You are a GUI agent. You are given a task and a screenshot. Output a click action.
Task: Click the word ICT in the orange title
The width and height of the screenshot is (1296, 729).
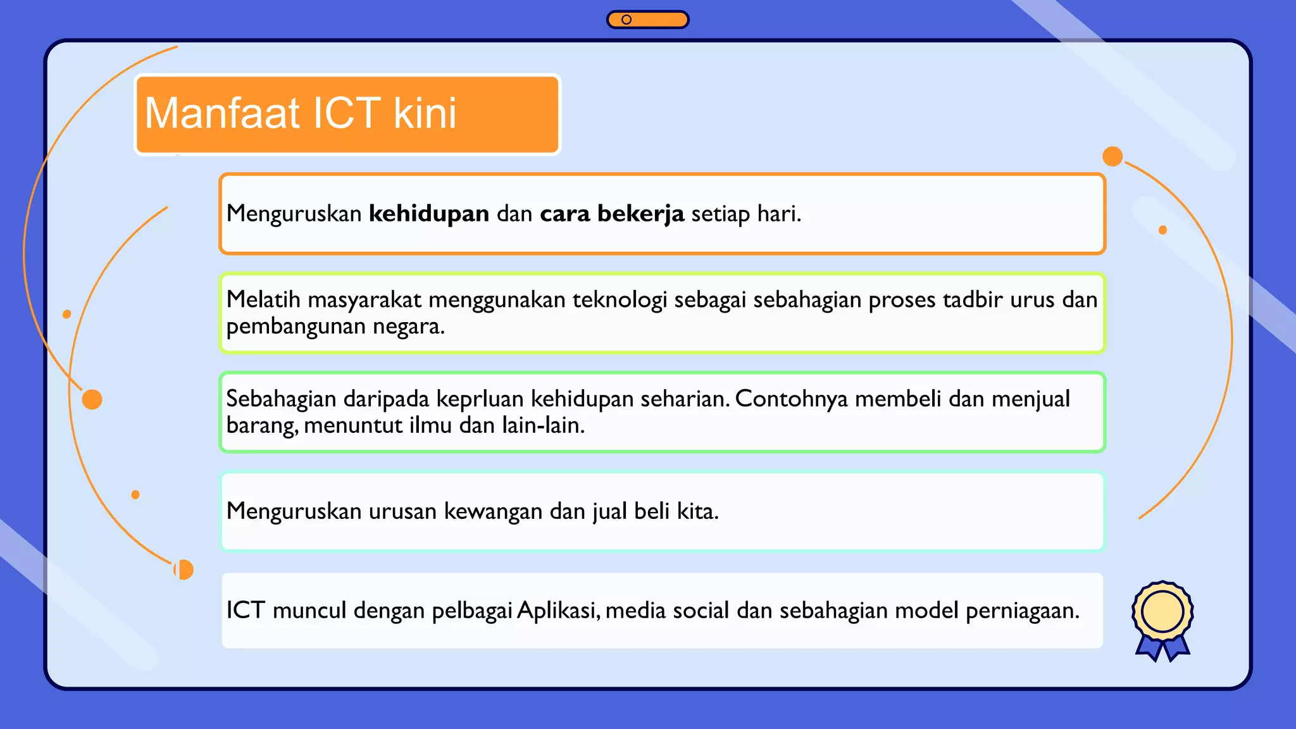pos(347,113)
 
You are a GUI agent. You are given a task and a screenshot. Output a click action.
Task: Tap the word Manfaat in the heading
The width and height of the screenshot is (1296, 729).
pos(222,113)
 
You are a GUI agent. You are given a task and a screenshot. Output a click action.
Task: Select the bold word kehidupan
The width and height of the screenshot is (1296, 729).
pos(428,214)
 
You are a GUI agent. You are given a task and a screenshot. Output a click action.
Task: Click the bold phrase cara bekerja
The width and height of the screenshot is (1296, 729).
pos(611,214)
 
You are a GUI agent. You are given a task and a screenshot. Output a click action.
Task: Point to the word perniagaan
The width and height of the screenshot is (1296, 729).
pos(1021,611)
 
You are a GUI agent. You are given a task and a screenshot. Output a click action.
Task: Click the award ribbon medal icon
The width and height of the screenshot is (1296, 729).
pos(1162,620)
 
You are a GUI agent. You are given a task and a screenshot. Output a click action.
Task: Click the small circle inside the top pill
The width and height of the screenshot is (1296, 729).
pos(626,20)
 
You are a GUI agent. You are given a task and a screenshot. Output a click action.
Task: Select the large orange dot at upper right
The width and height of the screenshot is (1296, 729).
pos(1112,156)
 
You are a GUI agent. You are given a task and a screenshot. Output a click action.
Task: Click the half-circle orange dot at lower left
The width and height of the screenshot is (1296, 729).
pos(184,570)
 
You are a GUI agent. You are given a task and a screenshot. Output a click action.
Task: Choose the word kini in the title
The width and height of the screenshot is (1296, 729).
pos(425,113)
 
